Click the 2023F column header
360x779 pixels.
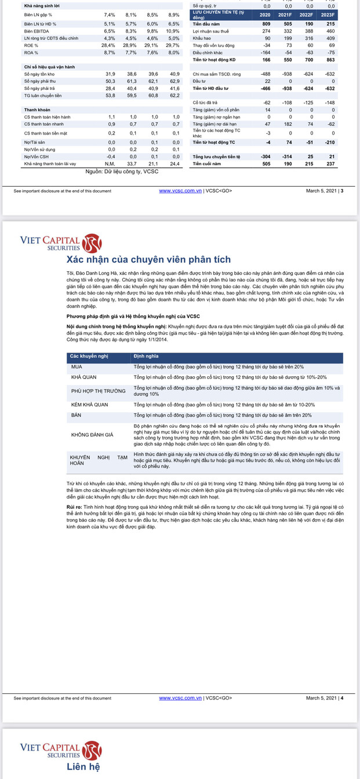click(x=328, y=14)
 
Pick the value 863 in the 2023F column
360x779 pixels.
click(x=329, y=60)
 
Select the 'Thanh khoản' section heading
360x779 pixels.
click(x=37, y=110)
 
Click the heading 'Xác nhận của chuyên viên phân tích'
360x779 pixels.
click(x=148, y=259)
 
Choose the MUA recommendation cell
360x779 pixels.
click(x=77, y=367)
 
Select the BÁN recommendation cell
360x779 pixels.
click(x=77, y=415)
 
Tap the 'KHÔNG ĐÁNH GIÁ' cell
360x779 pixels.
click(x=92, y=434)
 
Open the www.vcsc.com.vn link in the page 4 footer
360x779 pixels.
click(x=180, y=698)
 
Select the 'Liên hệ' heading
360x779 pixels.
click(x=83, y=767)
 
